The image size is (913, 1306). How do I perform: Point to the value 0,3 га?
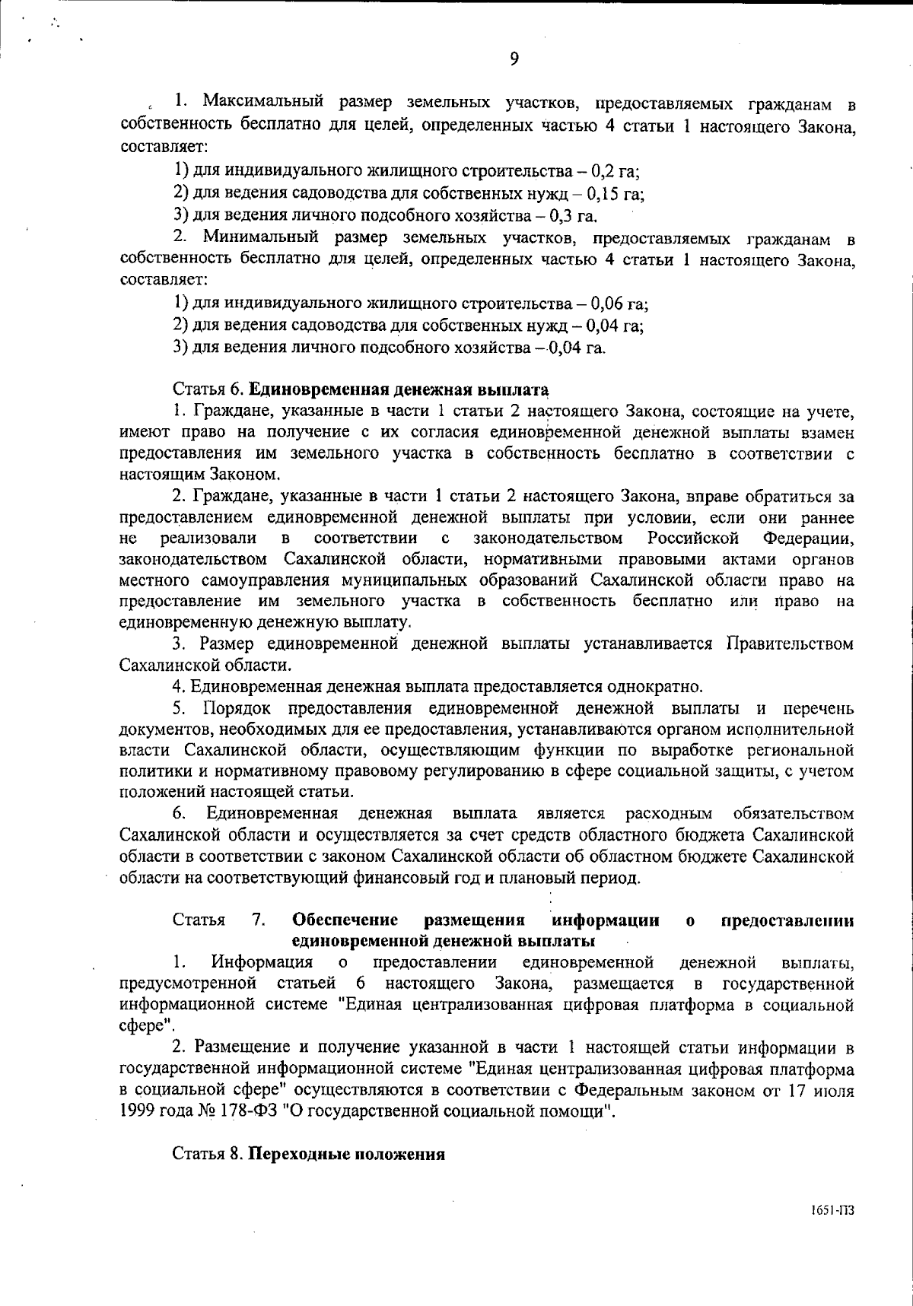pyautogui.click(x=582, y=214)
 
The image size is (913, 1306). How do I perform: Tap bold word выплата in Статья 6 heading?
pyautogui.click(x=512, y=391)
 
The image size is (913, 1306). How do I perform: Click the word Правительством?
pyautogui.click(x=790, y=644)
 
